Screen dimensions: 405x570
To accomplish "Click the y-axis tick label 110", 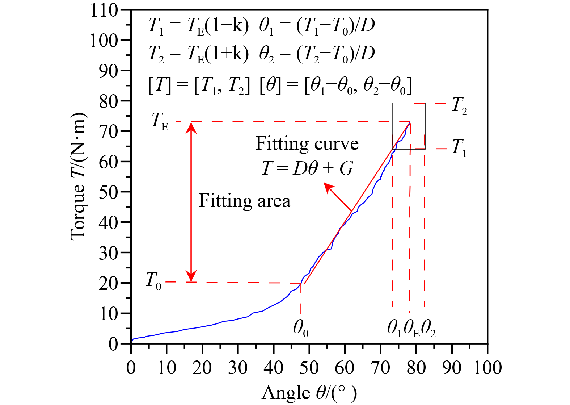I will [x=104, y=11].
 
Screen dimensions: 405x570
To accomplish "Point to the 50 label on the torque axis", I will [x=109, y=192].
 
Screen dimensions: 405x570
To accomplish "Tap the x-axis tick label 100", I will [x=487, y=368].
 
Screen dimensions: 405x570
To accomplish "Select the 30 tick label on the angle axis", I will [x=238, y=368].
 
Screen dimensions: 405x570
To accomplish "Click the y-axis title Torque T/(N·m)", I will [x=78, y=176].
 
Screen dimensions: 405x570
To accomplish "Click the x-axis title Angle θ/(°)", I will [x=309, y=393].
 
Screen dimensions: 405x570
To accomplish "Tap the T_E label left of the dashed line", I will [x=160, y=121].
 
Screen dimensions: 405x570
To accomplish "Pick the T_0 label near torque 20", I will [x=153, y=281].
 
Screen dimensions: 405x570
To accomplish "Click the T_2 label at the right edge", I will [x=459, y=106].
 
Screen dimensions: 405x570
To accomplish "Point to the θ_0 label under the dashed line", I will [x=301, y=328].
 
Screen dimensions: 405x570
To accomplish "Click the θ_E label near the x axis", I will [x=411, y=328].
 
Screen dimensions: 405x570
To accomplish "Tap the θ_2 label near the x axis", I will [x=428, y=328].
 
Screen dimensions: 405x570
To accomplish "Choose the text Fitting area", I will [x=245, y=201].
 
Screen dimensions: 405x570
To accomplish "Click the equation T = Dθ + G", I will [x=307, y=168].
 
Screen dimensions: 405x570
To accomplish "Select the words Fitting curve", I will [x=307, y=144].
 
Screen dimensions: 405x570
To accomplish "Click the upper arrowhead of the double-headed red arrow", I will [x=191, y=126].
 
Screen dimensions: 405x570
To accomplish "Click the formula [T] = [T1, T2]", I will [x=199, y=86].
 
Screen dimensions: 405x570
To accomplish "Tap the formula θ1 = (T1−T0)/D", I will [x=317, y=26].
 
